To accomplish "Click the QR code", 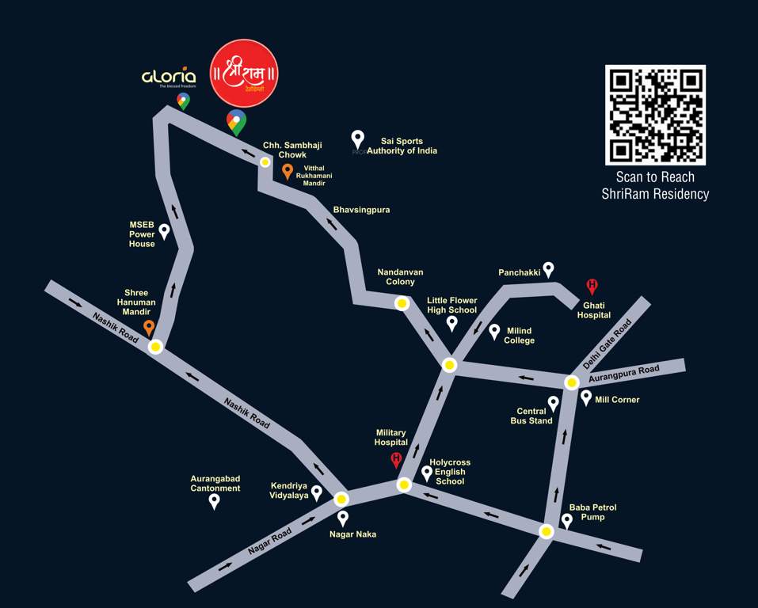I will (x=655, y=115).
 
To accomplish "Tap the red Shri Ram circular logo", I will (x=244, y=73).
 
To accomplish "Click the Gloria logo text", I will (x=169, y=77).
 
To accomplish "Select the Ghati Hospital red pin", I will (x=591, y=287).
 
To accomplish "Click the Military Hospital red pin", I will (x=397, y=460).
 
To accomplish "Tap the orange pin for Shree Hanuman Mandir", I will (x=148, y=328).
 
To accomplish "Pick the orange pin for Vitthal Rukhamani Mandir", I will (x=288, y=171).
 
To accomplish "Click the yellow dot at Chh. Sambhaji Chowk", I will (x=265, y=161).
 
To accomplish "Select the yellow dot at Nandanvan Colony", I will (x=402, y=302).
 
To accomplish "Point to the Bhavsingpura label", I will (x=361, y=210).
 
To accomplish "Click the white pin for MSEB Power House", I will (x=164, y=231).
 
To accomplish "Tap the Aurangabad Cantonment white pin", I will (x=214, y=501).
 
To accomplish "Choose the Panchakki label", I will (x=520, y=272).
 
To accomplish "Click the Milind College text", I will (x=520, y=336).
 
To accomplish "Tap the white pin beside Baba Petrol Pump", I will (x=567, y=520).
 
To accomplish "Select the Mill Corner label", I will (x=617, y=400).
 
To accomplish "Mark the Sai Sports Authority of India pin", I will (x=357, y=139).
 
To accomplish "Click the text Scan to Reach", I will (x=655, y=177).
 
